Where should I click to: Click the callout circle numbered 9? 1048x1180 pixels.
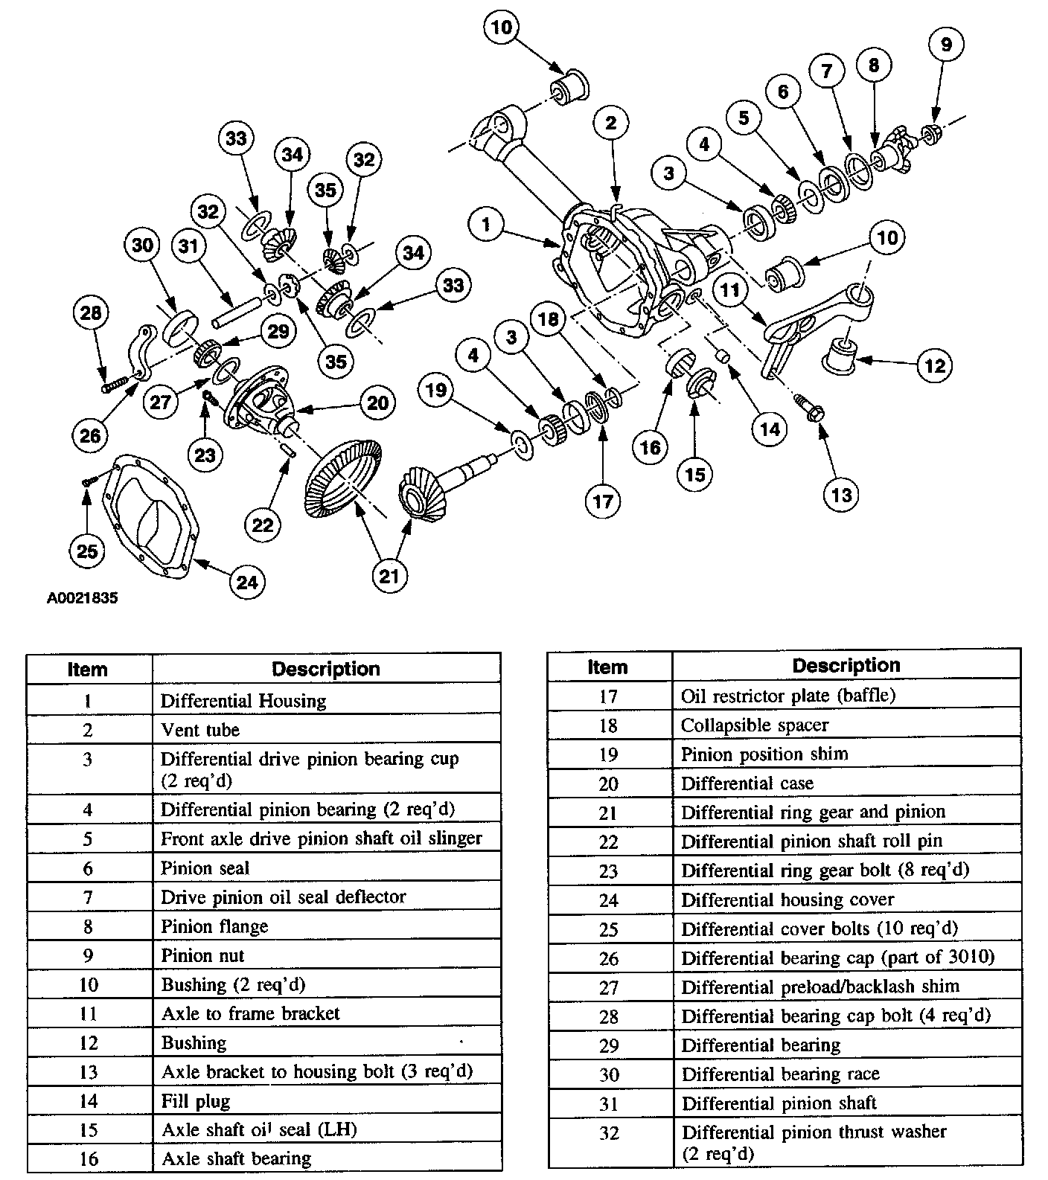[945, 45]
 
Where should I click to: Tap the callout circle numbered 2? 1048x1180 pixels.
[611, 123]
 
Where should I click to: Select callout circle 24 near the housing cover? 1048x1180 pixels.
[247, 581]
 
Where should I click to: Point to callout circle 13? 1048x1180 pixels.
[841, 495]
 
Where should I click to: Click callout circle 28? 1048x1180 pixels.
[91, 312]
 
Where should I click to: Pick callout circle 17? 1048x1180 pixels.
[602, 501]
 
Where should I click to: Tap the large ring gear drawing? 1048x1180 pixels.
[343, 480]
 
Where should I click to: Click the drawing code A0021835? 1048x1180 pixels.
[82, 597]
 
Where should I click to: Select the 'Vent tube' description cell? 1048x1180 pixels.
[326, 730]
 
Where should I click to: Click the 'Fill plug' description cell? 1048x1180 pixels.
[326, 1100]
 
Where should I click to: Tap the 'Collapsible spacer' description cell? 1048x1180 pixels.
[846, 725]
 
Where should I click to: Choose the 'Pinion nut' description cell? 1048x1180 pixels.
[326, 955]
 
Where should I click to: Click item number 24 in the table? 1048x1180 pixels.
[609, 900]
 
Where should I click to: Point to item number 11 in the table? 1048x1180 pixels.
[89, 1013]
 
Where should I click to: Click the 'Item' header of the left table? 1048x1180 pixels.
[88, 669]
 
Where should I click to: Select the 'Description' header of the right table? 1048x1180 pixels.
[846, 665]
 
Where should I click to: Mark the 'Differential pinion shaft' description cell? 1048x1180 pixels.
[846, 1103]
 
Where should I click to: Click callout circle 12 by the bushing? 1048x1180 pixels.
[935, 365]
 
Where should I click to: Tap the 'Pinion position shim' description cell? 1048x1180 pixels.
[846, 754]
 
